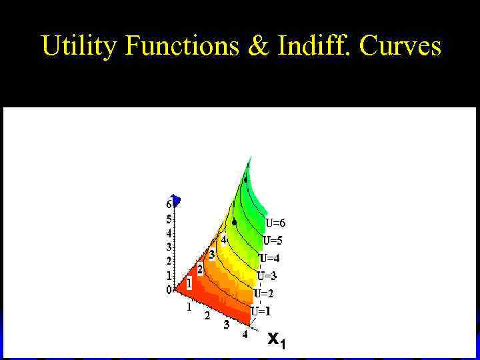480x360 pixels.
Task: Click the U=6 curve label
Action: click(x=275, y=223)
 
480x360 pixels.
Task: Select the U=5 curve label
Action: click(x=273, y=241)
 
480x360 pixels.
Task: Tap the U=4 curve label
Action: click(x=269, y=258)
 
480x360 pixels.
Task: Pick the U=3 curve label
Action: click(x=267, y=275)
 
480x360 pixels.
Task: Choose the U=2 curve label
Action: click(x=263, y=293)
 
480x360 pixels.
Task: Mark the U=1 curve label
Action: click(x=261, y=311)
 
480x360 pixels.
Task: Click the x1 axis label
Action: click(x=276, y=339)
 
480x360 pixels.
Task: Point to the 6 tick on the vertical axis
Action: click(x=169, y=204)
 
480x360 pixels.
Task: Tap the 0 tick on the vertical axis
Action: click(x=169, y=289)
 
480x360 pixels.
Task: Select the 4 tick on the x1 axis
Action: click(x=245, y=335)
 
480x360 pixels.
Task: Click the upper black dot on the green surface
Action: click(x=245, y=180)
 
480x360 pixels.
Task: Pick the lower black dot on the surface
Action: click(x=235, y=222)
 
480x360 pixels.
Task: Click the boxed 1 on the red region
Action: click(x=189, y=283)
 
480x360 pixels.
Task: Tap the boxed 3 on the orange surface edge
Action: click(x=211, y=255)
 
